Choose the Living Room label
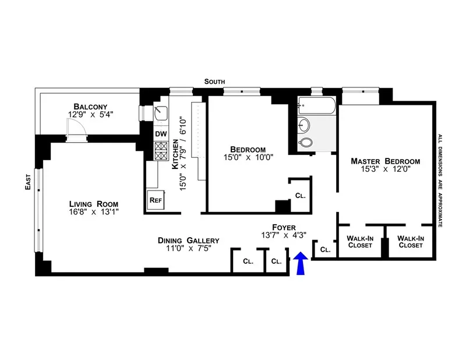tap(93, 204)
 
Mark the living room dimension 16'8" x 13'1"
tap(93, 213)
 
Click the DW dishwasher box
tap(160, 133)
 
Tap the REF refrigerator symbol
tap(156, 200)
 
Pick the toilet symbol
tap(305, 143)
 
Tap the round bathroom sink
tap(305, 124)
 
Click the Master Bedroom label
tap(385, 161)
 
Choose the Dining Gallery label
tap(188, 240)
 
